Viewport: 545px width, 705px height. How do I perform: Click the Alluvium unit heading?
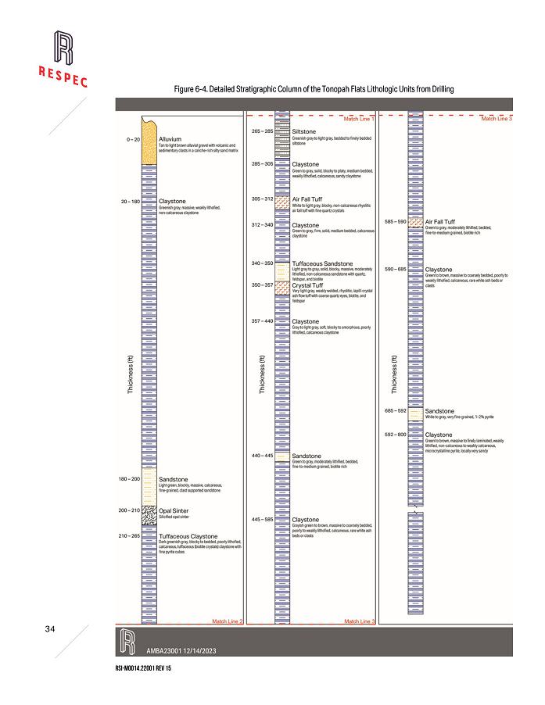point(170,139)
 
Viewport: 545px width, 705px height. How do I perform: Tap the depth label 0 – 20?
point(131,139)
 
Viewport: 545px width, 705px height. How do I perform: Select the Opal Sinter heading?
point(175,510)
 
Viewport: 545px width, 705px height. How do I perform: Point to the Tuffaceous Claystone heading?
point(188,536)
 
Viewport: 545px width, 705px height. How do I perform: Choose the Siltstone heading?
point(303,132)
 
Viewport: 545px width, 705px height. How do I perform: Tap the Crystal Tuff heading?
point(307,285)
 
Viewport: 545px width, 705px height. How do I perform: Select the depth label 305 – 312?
point(262,199)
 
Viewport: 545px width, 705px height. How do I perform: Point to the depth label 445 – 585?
point(262,519)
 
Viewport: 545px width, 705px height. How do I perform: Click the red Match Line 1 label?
point(359,119)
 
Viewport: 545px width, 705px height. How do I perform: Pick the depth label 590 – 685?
point(396,270)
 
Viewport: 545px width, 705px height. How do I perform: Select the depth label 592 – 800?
point(396,434)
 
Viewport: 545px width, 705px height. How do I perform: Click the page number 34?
point(50,629)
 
